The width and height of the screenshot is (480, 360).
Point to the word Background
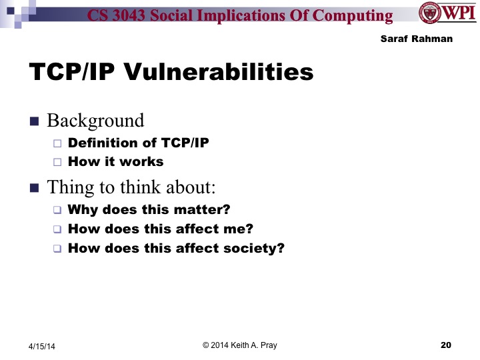[x=95, y=121]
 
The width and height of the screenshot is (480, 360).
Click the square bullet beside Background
[x=35, y=121]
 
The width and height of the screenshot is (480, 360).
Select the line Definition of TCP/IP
[x=138, y=143]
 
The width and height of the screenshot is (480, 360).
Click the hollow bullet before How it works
[x=57, y=162]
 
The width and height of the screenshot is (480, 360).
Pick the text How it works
[x=115, y=161]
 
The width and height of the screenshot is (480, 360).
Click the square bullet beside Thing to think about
[x=35, y=187]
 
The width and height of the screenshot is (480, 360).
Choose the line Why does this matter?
[x=149, y=209]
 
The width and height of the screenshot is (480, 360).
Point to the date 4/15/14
[x=42, y=346]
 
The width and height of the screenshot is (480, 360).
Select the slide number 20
[x=446, y=345]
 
